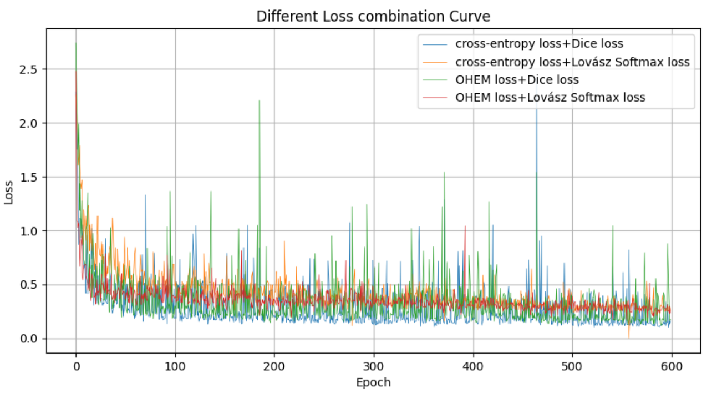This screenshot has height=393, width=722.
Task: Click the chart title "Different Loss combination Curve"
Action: click(x=373, y=17)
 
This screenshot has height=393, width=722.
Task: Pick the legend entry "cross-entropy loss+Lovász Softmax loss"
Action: click(x=572, y=62)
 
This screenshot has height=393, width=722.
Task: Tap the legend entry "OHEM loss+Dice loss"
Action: click(x=517, y=79)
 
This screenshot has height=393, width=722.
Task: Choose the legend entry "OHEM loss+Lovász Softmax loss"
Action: click(x=550, y=97)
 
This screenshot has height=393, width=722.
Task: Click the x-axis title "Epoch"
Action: click(x=373, y=382)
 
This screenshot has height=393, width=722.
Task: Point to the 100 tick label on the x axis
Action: click(x=175, y=366)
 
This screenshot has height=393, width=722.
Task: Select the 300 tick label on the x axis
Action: click(x=374, y=366)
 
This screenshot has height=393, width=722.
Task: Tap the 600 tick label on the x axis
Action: click(x=671, y=366)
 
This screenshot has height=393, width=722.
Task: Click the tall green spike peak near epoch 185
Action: click(x=260, y=101)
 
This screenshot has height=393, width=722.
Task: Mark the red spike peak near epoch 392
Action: click(x=465, y=226)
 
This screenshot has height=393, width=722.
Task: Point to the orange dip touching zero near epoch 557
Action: click(x=629, y=337)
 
